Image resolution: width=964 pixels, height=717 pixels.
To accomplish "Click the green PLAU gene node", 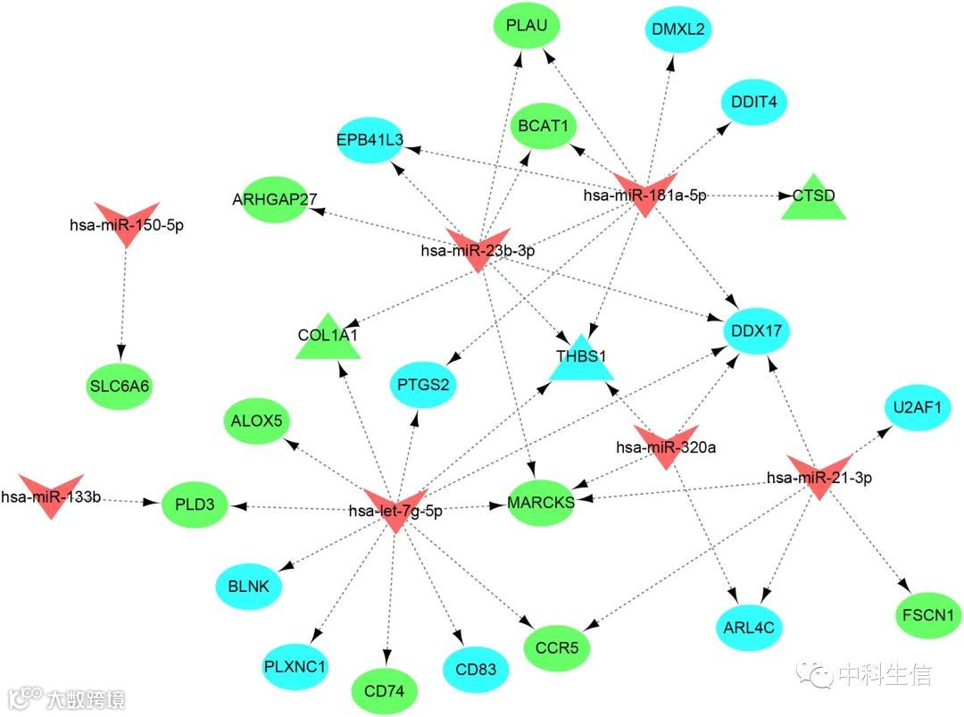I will (526, 28).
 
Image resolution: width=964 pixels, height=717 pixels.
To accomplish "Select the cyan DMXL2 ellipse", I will (677, 29).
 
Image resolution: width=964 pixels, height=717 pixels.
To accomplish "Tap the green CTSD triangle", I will (812, 198).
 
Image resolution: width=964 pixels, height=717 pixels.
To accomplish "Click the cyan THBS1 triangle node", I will (581, 359).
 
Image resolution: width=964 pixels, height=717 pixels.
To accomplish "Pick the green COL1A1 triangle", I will (328, 338).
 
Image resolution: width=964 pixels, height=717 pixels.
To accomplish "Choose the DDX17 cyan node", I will (757, 330).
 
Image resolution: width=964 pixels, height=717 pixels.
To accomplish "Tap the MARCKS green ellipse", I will (541, 502).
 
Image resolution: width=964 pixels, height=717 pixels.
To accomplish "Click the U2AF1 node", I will (917, 407).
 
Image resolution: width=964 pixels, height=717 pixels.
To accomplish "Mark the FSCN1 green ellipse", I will (927, 615).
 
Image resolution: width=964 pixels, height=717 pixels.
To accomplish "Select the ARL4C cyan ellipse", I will (748, 628).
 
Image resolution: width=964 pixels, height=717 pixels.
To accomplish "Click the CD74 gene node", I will (385, 689).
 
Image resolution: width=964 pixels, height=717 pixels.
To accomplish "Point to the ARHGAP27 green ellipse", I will (275, 198).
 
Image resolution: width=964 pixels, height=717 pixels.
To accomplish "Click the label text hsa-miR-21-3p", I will (819, 478).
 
